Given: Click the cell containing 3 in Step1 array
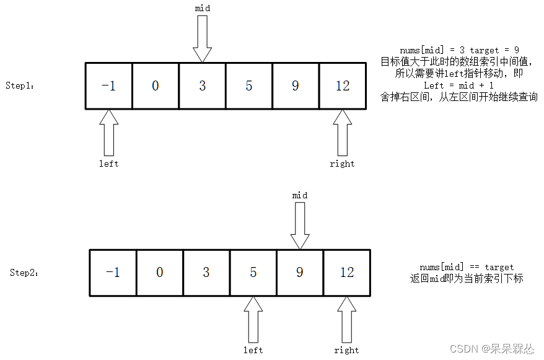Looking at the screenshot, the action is (203, 86).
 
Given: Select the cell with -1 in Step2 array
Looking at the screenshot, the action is (113, 273).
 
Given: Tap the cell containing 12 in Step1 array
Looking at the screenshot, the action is (343, 86).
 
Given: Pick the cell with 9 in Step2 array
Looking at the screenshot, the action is (300, 273).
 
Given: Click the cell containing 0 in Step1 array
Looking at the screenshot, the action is (156, 86).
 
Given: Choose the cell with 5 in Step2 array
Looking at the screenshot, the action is (253, 273).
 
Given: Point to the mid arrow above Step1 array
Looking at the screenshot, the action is (203, 38).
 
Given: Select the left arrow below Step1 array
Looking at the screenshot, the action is (109, 133).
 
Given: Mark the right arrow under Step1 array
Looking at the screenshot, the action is (343, 133).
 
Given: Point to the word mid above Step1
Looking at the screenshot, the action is (203, 8).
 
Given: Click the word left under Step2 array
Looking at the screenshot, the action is (253, 350).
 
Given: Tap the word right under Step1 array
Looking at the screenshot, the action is (342, 164).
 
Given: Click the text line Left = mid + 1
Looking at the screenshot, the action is (458, 85).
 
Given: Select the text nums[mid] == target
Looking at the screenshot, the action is (467, 267).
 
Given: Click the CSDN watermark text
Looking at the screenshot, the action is (492, 349).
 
